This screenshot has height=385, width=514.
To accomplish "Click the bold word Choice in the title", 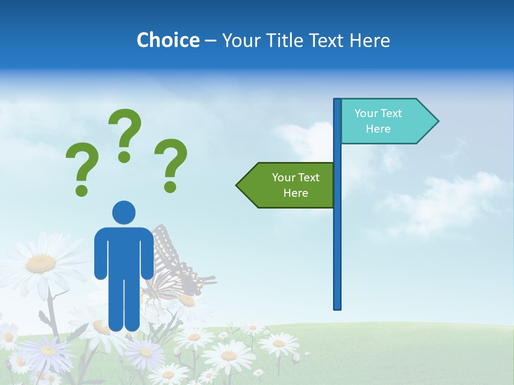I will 168,40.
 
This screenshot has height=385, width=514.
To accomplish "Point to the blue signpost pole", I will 337,241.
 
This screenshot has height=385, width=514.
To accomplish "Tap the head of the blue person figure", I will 124,212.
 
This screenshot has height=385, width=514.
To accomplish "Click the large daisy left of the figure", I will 40,262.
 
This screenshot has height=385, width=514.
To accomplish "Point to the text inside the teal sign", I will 378,121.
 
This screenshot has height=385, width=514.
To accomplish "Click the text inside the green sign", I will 296,185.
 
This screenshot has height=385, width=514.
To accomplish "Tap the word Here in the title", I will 369,40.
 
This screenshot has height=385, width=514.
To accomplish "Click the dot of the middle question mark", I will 124,157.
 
